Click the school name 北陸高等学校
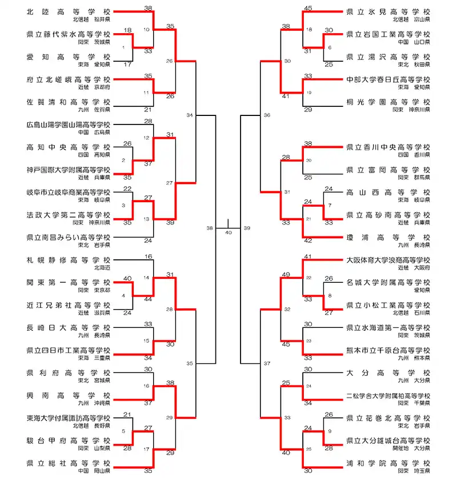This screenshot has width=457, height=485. point(69,11)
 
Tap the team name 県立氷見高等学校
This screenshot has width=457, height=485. point(388,11)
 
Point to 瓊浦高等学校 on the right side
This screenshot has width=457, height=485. point(388,237)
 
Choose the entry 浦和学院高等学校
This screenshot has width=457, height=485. point(388,463)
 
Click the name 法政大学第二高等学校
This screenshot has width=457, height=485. point(69,215)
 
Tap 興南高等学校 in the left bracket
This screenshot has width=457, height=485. point(69,395)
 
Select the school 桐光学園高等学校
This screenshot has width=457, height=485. point(388,102)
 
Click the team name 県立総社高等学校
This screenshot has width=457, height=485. point(69,463)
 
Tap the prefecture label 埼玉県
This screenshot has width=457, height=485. point(422,471)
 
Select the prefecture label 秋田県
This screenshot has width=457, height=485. point(422,65)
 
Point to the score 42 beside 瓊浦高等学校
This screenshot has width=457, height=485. point(308,241)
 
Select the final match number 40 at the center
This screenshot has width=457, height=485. point(228,233)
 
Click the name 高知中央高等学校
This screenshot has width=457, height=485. point(69,147)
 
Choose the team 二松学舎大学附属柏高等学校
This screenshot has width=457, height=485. point(388,395)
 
